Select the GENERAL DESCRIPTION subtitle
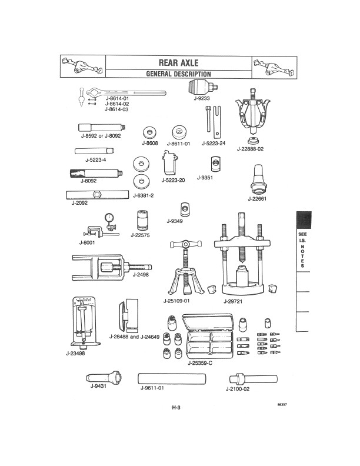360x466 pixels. tap(178, 74)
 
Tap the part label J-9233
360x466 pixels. tap(202, 98)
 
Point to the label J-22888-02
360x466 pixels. tap(249, 149)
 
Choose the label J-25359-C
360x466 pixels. tap(200, 362)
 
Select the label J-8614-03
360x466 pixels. tap(116, 109)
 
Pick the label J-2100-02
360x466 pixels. tap(238, 389)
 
